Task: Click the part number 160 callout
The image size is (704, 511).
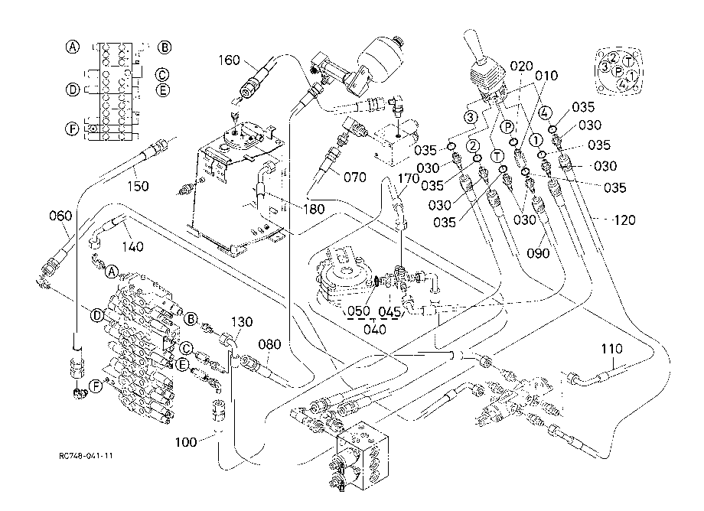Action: [x=230, y=60]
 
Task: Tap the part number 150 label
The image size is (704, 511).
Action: [x=138, y=186]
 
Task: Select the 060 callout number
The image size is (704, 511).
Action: [x=60, y=216]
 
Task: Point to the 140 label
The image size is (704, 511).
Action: [x=133, y=246]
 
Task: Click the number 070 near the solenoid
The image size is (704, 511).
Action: [x=355, y=177]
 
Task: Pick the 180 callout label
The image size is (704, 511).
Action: [x=314, y=209]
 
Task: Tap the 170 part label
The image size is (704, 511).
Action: [x=409, y=178]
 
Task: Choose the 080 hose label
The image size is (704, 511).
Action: [x=270, y=344]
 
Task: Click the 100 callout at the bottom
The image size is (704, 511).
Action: [x=186, y=442]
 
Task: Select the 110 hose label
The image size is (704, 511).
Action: [x=612, y=349]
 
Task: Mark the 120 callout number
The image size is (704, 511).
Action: [x=624, y=220]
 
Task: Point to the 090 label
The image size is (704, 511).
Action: [x=538, y=253]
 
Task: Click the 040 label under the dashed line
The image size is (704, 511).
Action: [x=375, y=330]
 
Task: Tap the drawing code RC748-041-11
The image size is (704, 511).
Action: [x=86, y=456]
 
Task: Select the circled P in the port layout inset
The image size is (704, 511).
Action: [x=618, y=71]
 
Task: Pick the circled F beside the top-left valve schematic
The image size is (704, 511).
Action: [x=72, y=129]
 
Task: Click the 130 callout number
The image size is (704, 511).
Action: [x=242, y=322]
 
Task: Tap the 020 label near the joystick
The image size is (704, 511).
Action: [x=521, y=67]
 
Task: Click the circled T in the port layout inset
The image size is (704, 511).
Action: [x=629, y=62]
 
